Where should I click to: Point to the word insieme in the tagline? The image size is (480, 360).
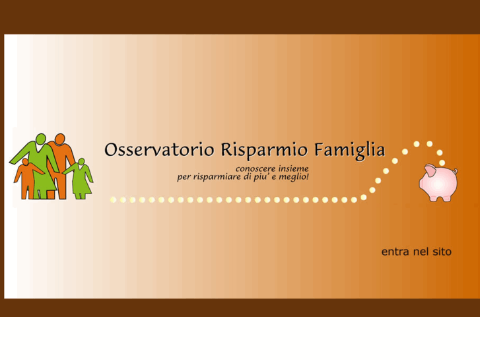(x=291, y=169)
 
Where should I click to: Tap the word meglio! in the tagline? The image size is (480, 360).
(x=294, y=177)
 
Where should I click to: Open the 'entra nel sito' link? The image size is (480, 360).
(x=416, y=252)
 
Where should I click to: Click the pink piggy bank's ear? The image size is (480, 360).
(x=429, y=171)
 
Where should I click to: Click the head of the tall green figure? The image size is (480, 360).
(x=40, y=139)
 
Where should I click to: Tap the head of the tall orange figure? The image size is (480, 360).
(x=60, y=139)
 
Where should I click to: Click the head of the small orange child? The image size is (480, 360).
(x=26, y=162)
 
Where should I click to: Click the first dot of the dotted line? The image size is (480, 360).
(x=113, y=199)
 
